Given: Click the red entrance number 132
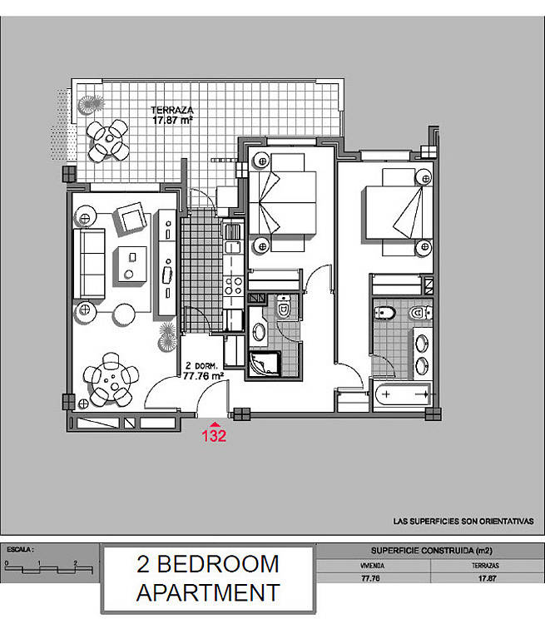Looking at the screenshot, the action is [x=214, y=435].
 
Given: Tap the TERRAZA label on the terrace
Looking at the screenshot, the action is [x=172, y=110].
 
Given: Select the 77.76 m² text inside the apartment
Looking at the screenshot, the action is [x=203, y=376].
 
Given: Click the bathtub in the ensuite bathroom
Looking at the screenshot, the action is [x=403, y=394].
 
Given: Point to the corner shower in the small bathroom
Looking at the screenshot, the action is [x=265, y=364].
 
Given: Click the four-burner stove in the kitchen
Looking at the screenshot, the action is [x=233, y=286].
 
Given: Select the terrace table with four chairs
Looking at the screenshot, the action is [x=108, y=140].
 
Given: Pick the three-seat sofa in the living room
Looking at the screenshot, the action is [x=89, y=263].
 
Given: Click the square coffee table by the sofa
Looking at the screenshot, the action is [x=130, y=265].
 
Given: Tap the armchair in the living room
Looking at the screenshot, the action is [x=130, y=218].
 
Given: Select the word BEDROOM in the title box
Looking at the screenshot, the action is [x=218, y=564].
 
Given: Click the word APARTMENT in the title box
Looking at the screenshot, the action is [x=208, y=592].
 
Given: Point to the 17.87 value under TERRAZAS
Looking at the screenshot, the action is [x=487, y=578].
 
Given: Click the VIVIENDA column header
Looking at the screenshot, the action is [x=372, y=566].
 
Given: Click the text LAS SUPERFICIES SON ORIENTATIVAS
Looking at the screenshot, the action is [x=463, y=522].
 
